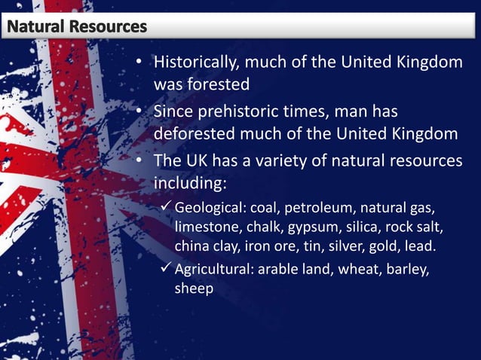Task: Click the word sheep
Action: [x=194, y=289]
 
